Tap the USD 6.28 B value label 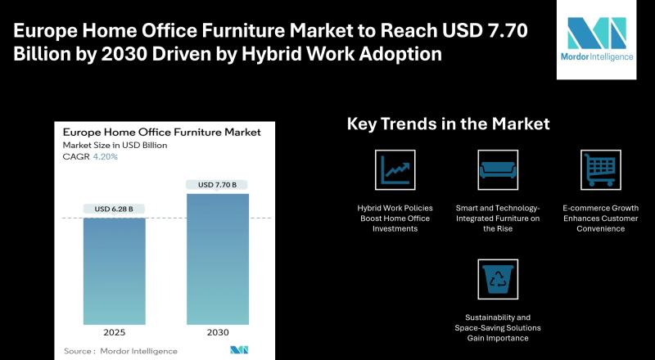tap(115, 209)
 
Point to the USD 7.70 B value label tap(217, 185)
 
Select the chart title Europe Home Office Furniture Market tap(162, 132)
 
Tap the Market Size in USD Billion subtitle tap(115, 145)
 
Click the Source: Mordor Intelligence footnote tap(120, 351)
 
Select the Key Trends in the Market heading tap(448, 124)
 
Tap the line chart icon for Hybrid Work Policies tap(395, 169)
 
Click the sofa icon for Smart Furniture tap(497, 169)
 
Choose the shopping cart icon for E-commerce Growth tap(600, 169)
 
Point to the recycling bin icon tap(497, 279)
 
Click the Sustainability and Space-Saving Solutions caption tap(497, 326)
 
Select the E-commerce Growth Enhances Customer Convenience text tap(600, 218)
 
